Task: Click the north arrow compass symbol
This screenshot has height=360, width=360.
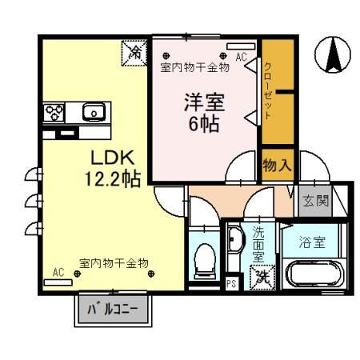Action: (334, 54)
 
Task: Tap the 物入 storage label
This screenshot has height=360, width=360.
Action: (276, 166)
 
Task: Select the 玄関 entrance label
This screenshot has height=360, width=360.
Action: (314, 200)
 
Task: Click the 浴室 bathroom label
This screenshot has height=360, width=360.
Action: (312, 242)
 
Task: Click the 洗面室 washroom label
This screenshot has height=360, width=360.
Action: (258, 244)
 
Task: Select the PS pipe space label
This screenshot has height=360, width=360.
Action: (231, 282)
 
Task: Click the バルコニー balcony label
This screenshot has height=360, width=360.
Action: (112, 309)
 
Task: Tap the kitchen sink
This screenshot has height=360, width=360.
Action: (94, 111)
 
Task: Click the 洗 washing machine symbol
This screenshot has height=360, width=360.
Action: (260, 278)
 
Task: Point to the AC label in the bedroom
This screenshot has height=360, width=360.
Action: (242, 57)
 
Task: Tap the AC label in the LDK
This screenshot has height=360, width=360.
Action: (58, 272)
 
